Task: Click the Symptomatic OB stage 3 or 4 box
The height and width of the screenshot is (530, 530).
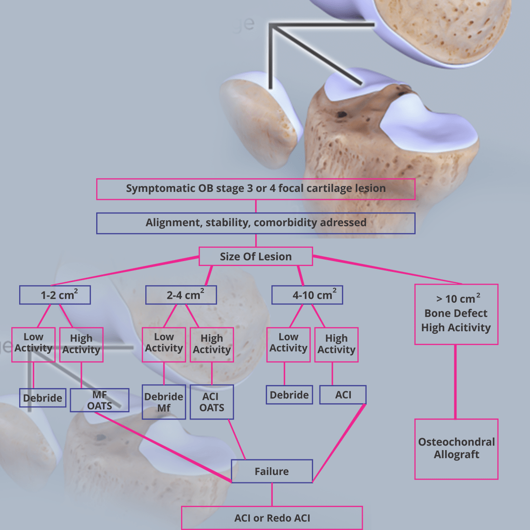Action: [x=256, y=189]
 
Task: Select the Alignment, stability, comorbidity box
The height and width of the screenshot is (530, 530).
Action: [x=256, y=223]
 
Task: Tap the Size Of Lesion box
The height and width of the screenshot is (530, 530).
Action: [x=256, y=256]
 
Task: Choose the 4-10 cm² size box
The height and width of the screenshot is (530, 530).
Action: [x=307, y=295]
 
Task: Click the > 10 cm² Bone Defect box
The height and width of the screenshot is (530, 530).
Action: [x=456, y=314]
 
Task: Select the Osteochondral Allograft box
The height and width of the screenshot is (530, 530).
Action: [x=456, y=449]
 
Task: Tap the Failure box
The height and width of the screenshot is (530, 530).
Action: [x=272, y=472]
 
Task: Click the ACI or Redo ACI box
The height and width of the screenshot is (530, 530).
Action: [x=272, y=518]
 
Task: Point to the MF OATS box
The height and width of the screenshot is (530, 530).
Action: [x=100, y=400]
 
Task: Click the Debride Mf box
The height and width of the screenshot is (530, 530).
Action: [x=164, y=402]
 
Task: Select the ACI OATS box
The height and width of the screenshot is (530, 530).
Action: [x=212, y=402]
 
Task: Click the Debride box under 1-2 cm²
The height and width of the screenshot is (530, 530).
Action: [x=43, y=398]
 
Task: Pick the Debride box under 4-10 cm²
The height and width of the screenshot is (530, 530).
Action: [x=290, y=395]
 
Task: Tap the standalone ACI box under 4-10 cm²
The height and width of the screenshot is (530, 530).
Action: [x=343, y=395]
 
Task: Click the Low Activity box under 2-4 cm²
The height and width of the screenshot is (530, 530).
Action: [x=164, y=344]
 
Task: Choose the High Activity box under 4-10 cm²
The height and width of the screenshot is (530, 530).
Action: [x=336, y=344]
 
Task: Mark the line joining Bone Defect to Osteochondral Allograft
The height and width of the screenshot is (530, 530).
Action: [x=456, y=381]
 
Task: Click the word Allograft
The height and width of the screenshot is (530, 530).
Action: [x=456, y=455]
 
